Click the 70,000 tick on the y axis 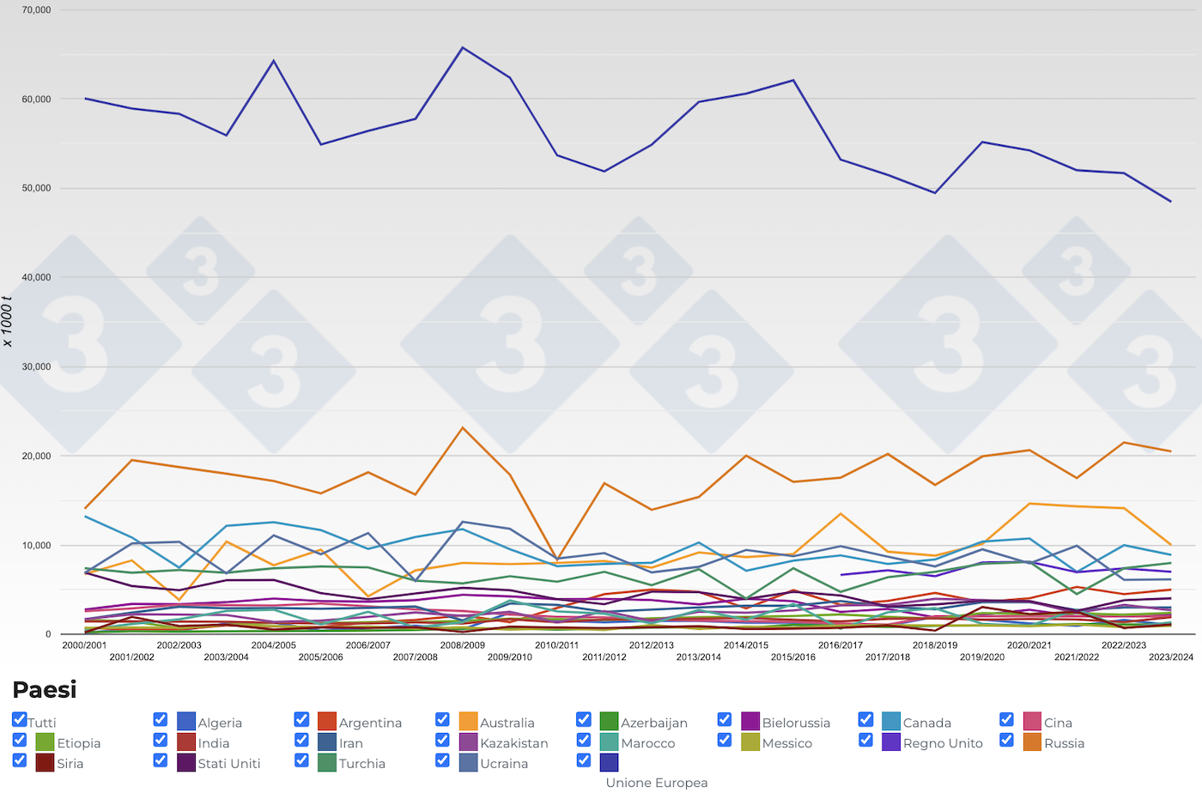(x=36, y=10)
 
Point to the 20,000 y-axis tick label (x=36, y=456)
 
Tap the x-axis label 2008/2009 (x=462, y=645)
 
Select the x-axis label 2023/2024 (x=1171, y=657)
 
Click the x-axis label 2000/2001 (x=84, y=645)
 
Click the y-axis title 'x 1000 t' (x=8, y=321)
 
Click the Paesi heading (x=45, y=690)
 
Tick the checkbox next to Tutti (x=20, y=719)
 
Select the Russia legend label (x=1064, y=743)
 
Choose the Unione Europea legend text (x=657, y=783)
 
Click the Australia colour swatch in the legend (x=468, y=722)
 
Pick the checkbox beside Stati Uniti (x=161, y=760)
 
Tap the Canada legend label (x=926, y=723)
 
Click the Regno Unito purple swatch (x=891, y=742)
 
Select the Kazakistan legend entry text (x=513, y=743)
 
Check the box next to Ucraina (x=442, y=760)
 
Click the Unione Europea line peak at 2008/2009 (x=463, y=47)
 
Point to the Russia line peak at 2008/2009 (x=463, y=427)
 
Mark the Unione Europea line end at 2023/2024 (x=1170, y=202)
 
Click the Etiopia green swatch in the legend (x=45, y=742)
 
